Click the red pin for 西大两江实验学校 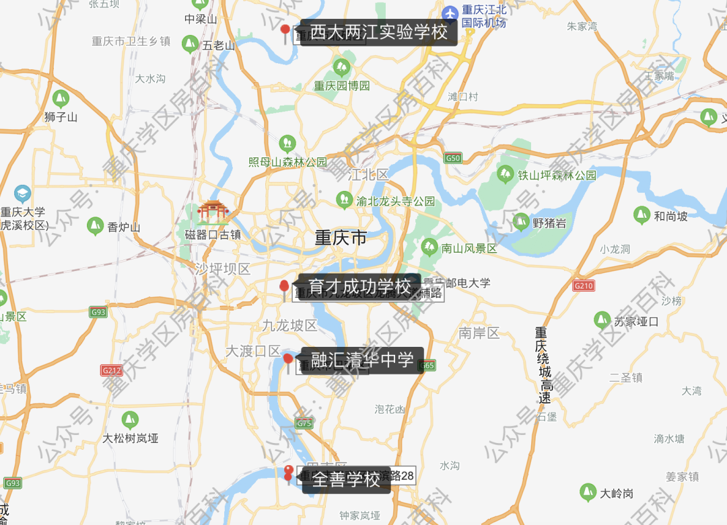(285, 30)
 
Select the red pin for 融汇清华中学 (288, 360)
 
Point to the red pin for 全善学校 (289, 472)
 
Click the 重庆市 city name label (341, 238)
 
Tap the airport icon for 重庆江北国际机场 (450, 13)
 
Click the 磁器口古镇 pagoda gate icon (213, 212)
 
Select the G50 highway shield (453, 158)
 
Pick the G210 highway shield (584, 286)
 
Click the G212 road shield (111, 370)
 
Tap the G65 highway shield (426, 365)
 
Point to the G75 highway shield (304, 423)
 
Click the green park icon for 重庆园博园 (341, 67)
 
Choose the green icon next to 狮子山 (61, 99)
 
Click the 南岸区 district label (479, 332)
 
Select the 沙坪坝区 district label (222, 269)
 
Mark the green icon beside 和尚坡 (642, 215)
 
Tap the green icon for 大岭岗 (588, 493)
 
